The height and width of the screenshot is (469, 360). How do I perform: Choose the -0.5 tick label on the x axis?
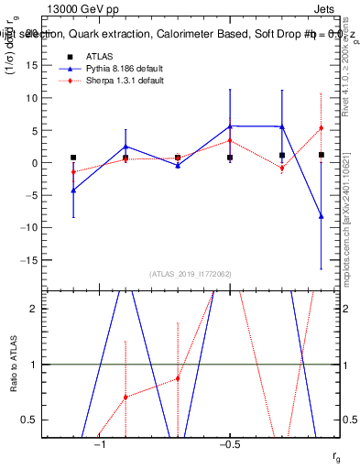229,445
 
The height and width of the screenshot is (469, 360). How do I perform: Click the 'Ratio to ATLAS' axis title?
13,364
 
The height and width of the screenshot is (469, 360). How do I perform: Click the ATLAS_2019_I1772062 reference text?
191,273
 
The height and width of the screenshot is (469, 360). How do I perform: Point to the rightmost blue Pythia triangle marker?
321,216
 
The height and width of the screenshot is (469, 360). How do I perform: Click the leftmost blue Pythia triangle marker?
73,190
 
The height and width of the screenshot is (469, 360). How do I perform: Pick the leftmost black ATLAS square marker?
73,158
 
